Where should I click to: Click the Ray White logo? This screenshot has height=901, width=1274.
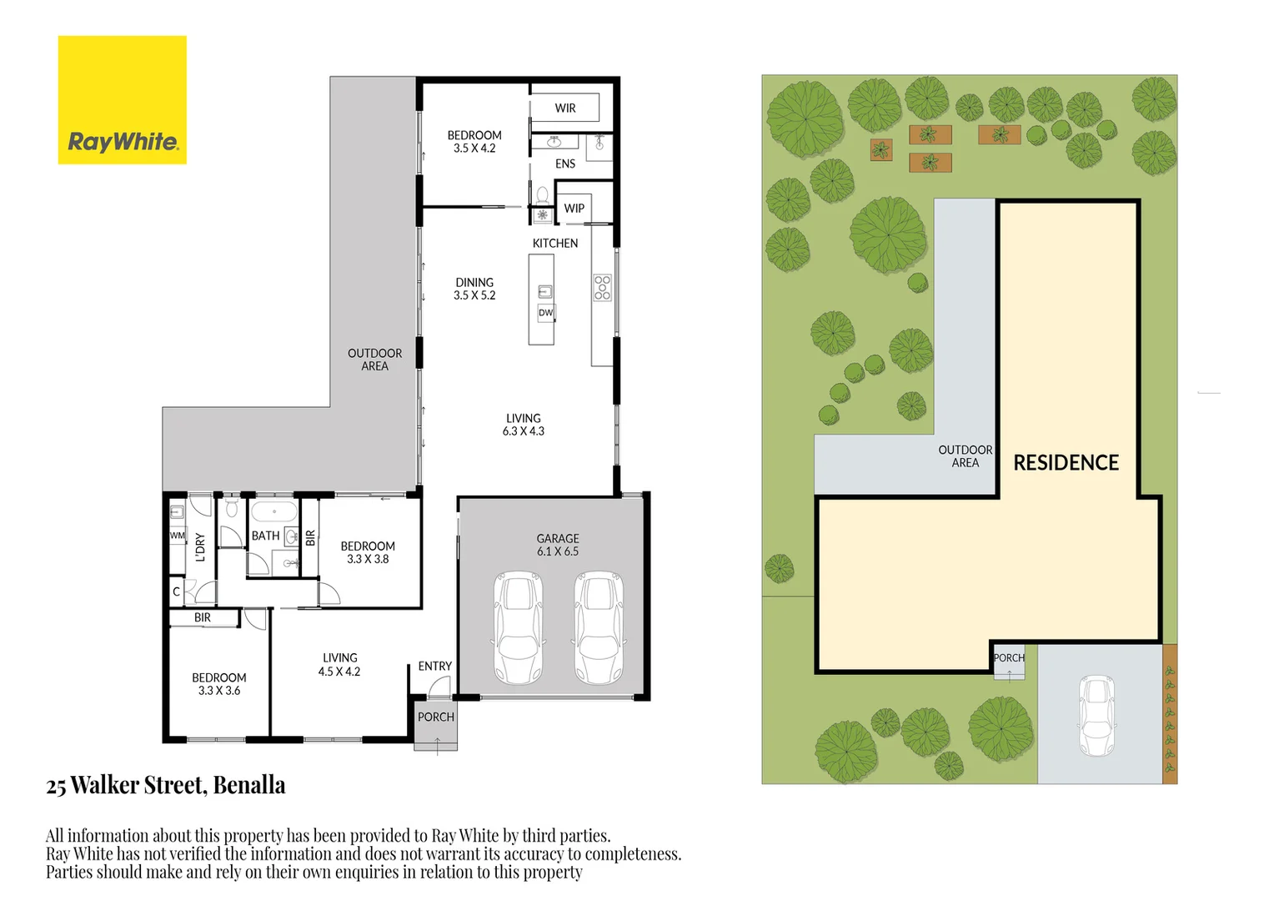122,100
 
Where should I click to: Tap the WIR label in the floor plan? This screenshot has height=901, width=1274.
565,108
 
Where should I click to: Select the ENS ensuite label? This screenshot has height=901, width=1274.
565,164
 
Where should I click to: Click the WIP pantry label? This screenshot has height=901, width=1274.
574,209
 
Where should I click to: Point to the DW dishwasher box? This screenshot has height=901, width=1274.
545,313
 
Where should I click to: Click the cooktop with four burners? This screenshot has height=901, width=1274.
602,288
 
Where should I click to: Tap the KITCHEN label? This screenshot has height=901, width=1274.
555,244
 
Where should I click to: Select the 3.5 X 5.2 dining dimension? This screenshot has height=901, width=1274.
474,295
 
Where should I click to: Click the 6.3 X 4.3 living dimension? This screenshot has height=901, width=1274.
524,431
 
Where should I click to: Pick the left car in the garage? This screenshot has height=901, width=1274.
519,627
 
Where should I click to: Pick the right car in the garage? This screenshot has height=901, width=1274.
599,627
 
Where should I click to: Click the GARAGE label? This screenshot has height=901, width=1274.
558,539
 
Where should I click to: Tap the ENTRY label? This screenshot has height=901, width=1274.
434,667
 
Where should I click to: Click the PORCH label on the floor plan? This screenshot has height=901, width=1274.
436,717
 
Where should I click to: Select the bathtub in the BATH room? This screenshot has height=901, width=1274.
273,511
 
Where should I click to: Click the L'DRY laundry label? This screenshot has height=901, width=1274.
200,547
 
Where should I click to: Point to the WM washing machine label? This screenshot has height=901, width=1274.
177,536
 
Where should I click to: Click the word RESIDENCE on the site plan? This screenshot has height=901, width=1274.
1066,463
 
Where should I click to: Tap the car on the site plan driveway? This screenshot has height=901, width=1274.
1096,716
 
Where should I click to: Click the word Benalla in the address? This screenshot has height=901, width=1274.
249,786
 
